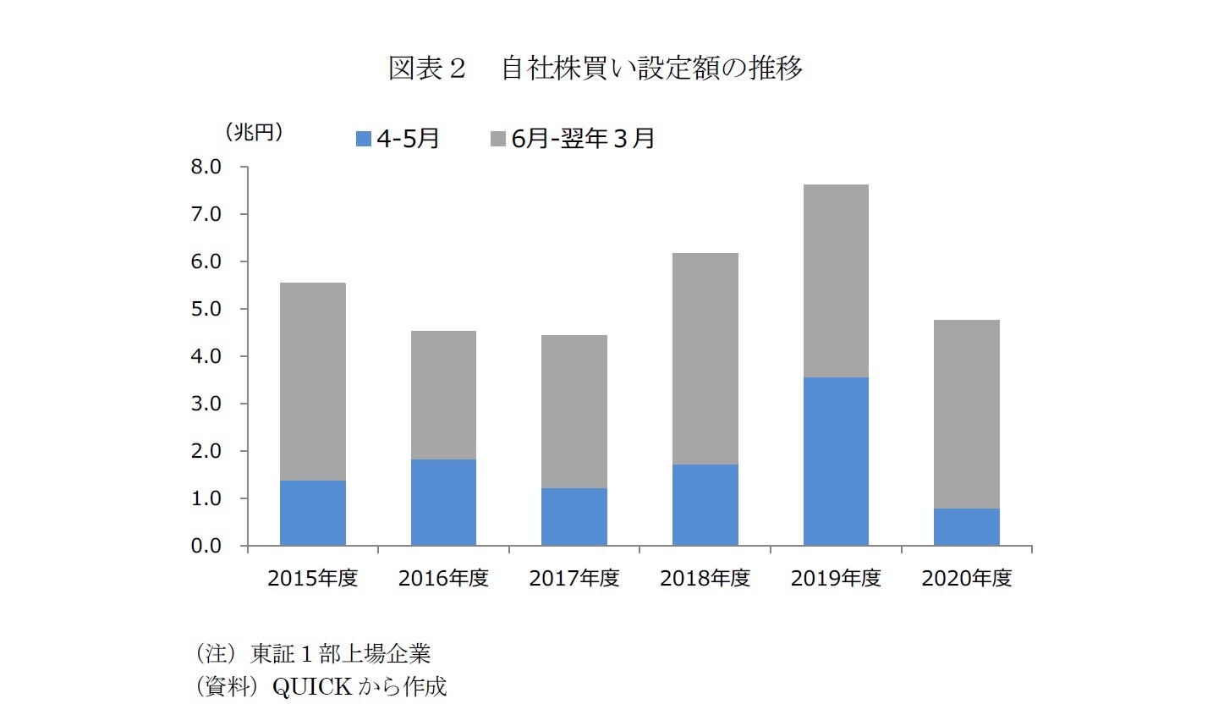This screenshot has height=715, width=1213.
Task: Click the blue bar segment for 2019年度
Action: pos(835,461)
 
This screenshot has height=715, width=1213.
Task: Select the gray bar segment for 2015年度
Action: pos(312,382)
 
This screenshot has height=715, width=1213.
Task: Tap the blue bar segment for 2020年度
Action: pos(966,526)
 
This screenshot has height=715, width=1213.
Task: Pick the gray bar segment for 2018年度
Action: pos(705,359)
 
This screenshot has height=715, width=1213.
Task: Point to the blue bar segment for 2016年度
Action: pos(443,502)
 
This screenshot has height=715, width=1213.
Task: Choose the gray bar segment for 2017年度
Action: pos(574,411)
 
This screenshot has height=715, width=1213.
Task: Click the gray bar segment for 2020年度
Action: pos(966,414)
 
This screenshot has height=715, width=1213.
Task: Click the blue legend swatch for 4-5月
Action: pos(364,139)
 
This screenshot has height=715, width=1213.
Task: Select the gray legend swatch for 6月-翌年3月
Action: pos(497,139)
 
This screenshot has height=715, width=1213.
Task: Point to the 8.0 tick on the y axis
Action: pos(206,167)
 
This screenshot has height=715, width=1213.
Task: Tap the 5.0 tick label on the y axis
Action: pos(206,309)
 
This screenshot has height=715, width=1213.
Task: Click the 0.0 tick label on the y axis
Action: pos(206,546)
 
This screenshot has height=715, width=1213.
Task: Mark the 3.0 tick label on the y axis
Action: pos(206,404)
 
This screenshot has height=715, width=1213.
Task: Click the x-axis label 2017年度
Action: pos(574,578)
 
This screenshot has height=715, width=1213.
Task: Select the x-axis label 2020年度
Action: pos(966,578)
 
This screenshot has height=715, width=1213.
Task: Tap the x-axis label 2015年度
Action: pos(312,578)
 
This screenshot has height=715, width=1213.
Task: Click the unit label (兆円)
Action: pos(254,132)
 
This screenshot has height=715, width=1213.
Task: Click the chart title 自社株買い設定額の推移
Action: pos(651,68)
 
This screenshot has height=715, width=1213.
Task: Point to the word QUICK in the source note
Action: pos(311,686)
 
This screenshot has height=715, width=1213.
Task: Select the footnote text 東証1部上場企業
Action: pos(340,653)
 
